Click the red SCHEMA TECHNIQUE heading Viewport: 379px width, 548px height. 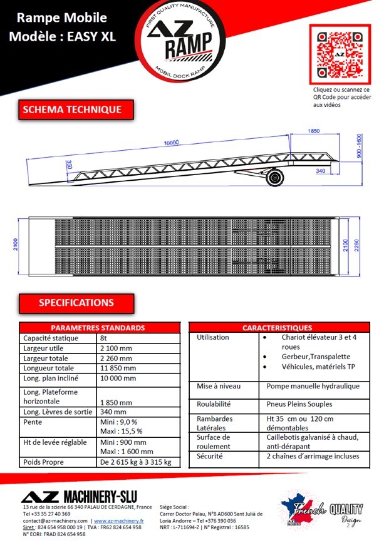tap(71, 110)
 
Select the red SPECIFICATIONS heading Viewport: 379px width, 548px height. tap(76, 303)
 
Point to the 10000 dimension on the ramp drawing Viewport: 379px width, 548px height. tap(172, 143)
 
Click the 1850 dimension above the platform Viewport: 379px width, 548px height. tap(314, 131)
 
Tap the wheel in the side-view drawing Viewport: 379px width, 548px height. tap(274, 178)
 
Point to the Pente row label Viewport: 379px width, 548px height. tap(33, 422)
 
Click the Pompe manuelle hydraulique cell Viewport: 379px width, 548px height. tap(313, 387)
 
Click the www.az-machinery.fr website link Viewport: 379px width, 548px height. tap(119, 520)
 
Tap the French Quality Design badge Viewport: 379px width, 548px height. tap(319, 509)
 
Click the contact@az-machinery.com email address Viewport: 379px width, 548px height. tap(55, 520)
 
